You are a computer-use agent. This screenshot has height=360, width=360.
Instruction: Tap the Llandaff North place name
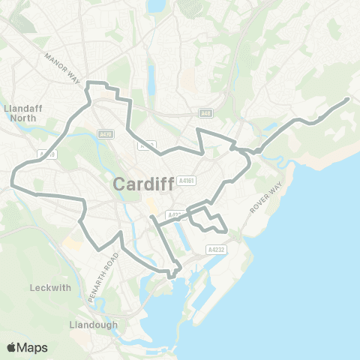coord(25,112)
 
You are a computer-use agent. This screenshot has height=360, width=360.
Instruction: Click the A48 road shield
coord(205,113)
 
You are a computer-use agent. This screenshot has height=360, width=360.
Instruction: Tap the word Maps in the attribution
coord(33,347)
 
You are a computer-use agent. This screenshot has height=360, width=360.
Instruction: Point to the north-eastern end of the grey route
coord(348,99)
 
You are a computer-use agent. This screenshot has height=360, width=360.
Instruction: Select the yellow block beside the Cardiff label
coord(152,204)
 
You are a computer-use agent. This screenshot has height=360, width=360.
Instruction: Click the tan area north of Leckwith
coord(73,244)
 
